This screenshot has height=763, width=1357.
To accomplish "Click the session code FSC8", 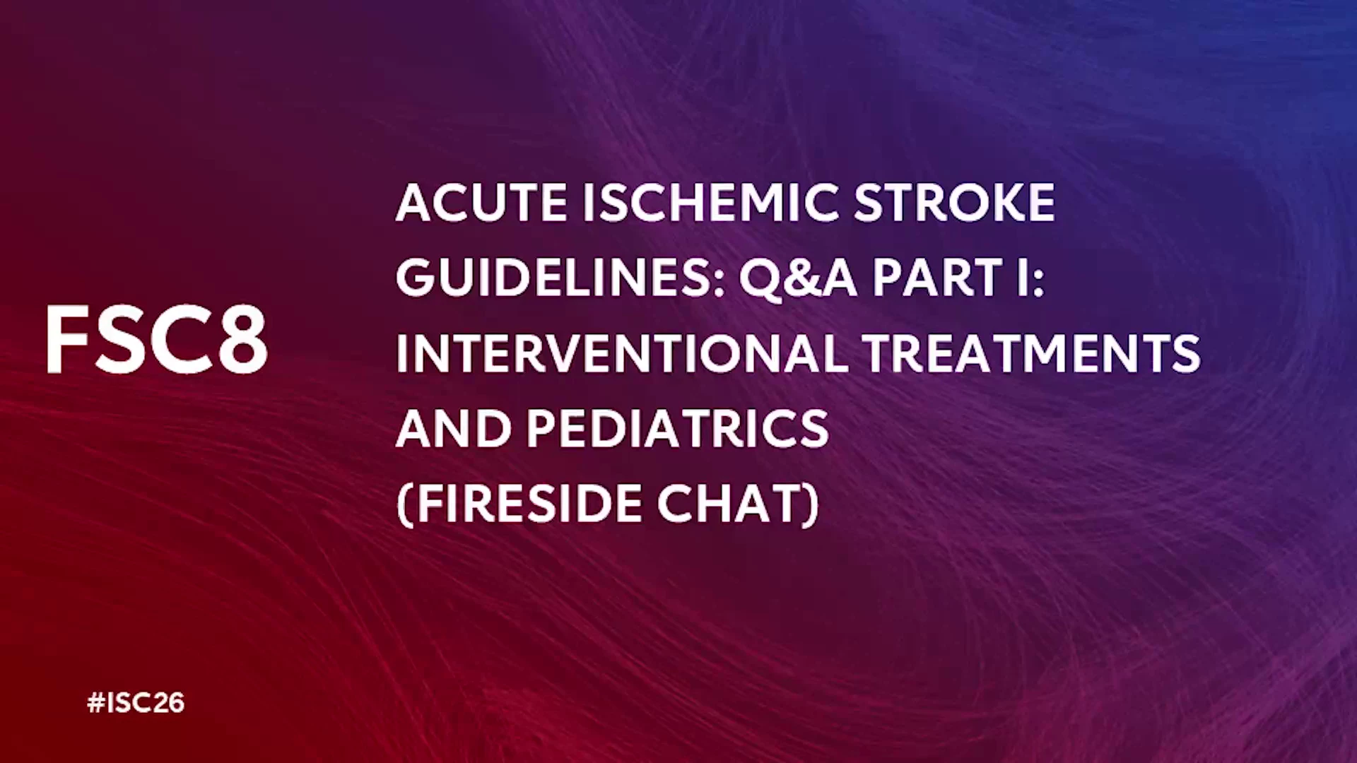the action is (157, 339).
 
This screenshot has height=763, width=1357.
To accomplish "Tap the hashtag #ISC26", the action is (136, 703).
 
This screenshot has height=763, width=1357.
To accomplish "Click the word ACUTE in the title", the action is (481, 203).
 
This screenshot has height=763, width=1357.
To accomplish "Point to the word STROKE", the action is (955, 203).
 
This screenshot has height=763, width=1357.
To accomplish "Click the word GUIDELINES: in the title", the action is (560, 278).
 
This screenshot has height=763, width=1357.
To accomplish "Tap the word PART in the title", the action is (939, 278).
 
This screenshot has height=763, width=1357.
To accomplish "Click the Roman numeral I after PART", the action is (1023, 278).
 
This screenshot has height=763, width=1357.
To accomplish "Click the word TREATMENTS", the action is (1032, 353).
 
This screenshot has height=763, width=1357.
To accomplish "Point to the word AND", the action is (454, 428).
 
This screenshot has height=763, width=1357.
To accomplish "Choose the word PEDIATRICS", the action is (678, 428).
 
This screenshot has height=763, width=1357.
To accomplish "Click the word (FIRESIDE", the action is (519, 504).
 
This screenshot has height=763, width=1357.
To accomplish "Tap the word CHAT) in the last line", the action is (739, 504).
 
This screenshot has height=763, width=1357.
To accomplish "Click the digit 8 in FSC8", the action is (243, 339).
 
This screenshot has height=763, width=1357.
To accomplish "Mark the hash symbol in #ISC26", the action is (96, 703).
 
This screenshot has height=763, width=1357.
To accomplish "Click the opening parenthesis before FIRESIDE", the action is (404, 505).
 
